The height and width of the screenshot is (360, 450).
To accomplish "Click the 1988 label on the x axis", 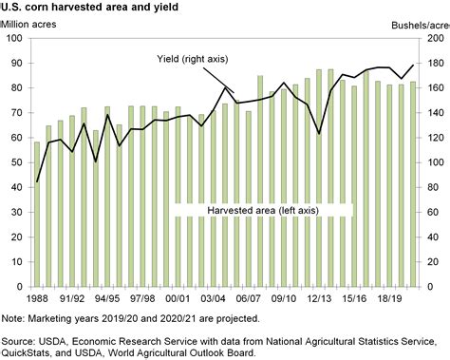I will tap(38, 296).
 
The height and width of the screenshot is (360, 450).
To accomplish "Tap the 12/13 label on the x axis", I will tap(317, 296).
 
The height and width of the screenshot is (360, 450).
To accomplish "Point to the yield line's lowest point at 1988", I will tap(38, 181).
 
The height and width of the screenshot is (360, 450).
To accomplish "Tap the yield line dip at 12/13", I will tap(319, 134).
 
